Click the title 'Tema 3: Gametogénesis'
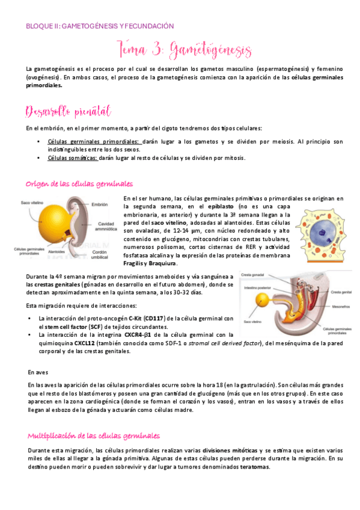(x=181, y=49)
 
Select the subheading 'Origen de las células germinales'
(x=79, y=183)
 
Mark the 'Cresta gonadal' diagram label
(x=253, y=274)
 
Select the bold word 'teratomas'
(x=252, y=467)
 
